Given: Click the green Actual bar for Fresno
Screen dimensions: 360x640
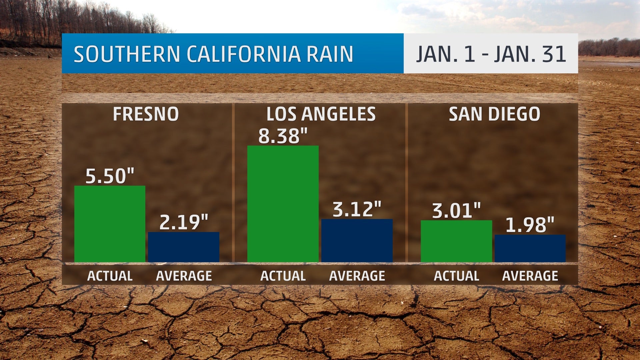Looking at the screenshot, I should (x=110, y=224).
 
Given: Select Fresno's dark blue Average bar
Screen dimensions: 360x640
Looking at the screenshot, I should (x=184, y=247).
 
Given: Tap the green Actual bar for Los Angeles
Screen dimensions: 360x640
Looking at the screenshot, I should (x=283, y=204).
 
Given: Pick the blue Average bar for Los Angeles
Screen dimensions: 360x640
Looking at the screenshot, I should (x=357, y=240).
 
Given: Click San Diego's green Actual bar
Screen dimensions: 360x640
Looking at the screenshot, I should (x=456, y=241).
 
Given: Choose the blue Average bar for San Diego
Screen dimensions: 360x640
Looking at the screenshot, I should (x=530, y=248).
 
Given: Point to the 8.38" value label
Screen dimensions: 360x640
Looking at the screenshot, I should (x=283, y=136).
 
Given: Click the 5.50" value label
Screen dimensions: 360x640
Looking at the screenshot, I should (x=110, y=176).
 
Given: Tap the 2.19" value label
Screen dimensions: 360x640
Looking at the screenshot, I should (x=184, y=222).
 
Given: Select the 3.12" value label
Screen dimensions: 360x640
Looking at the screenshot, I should (x=357, y=209).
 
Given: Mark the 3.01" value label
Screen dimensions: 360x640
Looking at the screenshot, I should (x=456, y=211).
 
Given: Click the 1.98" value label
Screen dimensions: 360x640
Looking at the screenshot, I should (x=530, y=225).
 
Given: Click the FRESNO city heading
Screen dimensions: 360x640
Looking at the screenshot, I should (x=146, y=114).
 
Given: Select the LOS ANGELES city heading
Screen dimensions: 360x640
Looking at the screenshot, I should (x=321, y=114).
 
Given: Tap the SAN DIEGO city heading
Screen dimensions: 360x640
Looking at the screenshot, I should (x=494, y=114).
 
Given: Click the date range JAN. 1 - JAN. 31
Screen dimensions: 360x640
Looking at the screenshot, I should (x=491, y=54).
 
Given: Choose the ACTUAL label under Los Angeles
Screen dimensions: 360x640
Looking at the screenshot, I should (x=283, y=276).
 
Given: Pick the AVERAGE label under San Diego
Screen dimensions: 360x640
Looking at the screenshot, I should (x=530, y=276).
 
